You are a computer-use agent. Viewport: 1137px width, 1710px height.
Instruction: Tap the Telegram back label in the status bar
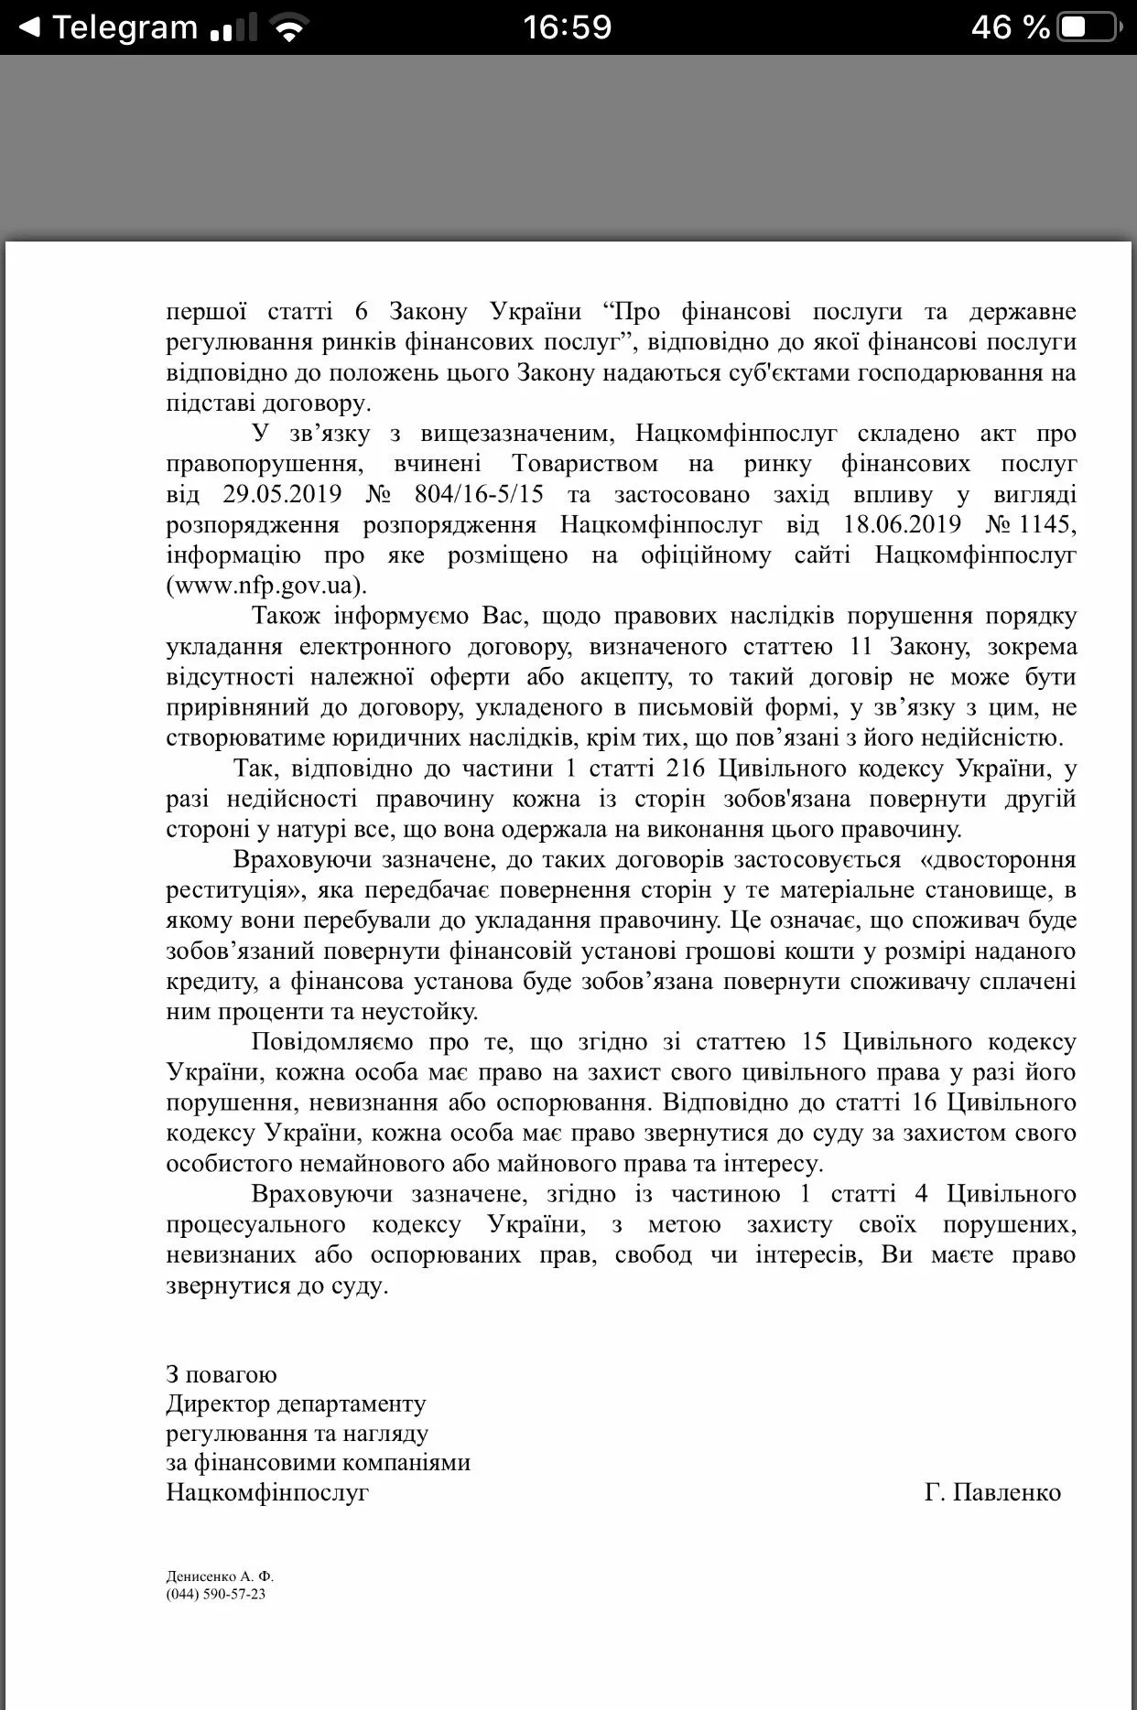click(124, 27)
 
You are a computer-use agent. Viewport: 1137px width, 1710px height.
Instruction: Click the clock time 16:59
click(568, 27)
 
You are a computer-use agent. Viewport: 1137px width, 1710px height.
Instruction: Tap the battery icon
click(1087, 27)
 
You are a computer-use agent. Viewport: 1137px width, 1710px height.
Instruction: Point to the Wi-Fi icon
click(289, 29)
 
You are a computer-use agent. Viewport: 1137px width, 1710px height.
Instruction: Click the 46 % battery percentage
click(1010, 27)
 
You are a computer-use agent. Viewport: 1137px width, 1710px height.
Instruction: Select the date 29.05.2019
click(282, 494)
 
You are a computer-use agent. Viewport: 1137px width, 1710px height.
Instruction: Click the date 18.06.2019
click(902, 524)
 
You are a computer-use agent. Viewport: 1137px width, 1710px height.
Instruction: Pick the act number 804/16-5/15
click(479, 494)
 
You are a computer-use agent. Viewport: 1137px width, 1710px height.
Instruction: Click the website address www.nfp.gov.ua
click(265, 586)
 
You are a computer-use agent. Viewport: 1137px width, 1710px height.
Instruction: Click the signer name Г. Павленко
click(992, 1492)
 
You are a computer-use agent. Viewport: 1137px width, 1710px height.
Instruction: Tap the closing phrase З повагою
click(222, 1374)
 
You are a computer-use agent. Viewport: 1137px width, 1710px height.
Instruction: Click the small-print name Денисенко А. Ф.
click(220, 1576)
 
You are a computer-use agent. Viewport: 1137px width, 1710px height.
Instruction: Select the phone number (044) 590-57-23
click(216, 1594)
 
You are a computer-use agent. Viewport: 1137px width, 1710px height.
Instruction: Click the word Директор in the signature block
click(218, 1403)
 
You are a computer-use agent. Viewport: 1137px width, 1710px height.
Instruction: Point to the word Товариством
click(585, 464)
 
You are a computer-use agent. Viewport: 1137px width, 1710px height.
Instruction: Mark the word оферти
click(471, 677)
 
